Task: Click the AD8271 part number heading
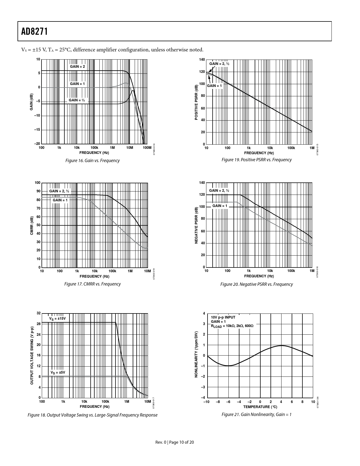(x=34, y=31)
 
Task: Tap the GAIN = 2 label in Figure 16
(x=77, y=67)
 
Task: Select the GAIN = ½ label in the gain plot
(x=77, y=100)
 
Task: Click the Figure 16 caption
(x=92, y=161)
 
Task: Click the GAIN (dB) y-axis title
(x=32, y=102)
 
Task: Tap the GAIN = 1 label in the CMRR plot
(x=60, y=200)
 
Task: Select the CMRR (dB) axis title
(x=32, y=225)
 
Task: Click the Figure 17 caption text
(x=92, y=284)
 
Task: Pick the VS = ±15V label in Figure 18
(x=58, y=319)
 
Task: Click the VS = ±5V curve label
(x=58, y=373)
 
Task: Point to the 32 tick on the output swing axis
(x=39, y=313)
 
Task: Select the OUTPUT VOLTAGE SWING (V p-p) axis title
(x=32, y=355)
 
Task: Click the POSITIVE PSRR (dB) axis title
(x=197, y=102)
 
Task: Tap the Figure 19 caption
(x=256, y=160)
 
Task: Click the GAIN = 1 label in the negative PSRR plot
(x=220, y=206)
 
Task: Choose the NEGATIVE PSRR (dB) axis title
(x=197, y=225)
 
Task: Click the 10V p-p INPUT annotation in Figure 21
(x=223, y=317)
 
